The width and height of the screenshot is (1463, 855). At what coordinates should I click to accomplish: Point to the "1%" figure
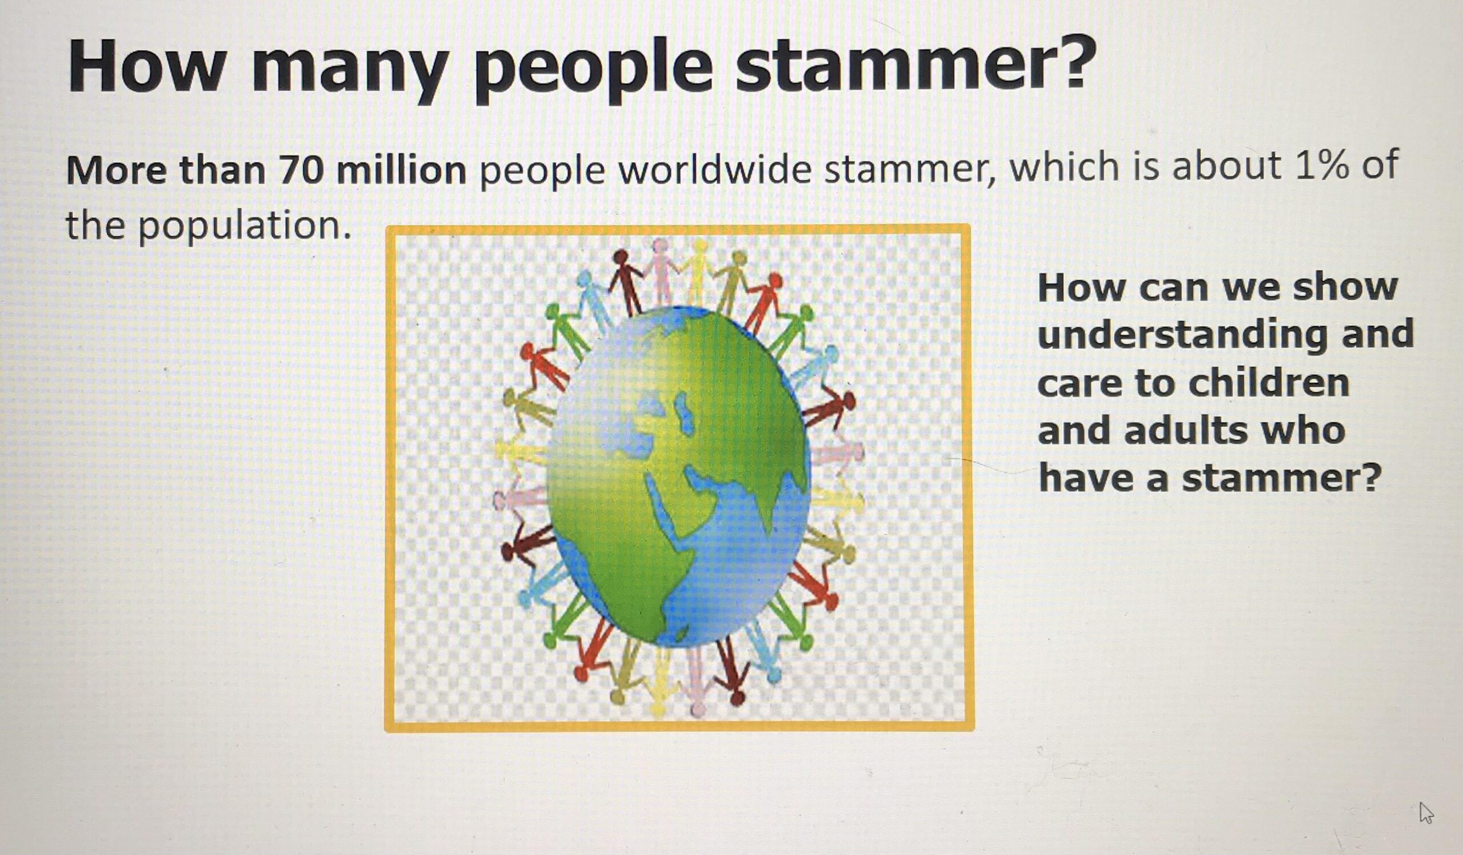(x=1318, y=165)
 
